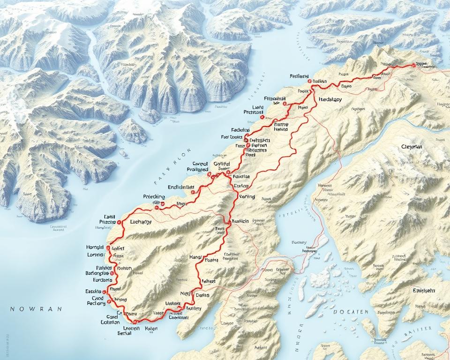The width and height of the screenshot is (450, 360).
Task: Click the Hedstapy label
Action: (x=330, y=99)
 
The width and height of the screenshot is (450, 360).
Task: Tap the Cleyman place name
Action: (x=412, y=147)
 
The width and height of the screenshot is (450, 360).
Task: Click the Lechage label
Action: (x=140, y=222)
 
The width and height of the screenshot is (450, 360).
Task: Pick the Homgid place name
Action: (x=95, y=247)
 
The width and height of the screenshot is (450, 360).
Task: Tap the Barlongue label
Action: (x=97, y=273)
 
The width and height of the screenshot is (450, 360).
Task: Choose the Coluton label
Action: (x=110, y=322)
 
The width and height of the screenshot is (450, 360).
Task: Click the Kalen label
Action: (x=151, y=329)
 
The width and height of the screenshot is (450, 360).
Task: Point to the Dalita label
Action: (x=202, y=295)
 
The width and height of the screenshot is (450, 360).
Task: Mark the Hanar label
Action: (x=195, y=257)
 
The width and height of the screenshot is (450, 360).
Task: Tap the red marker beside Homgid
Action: (x=108, y=247)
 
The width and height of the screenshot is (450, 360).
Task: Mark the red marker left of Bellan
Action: (x=309, y=81)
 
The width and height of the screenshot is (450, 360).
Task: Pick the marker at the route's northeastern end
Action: (x=413, y=66)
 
